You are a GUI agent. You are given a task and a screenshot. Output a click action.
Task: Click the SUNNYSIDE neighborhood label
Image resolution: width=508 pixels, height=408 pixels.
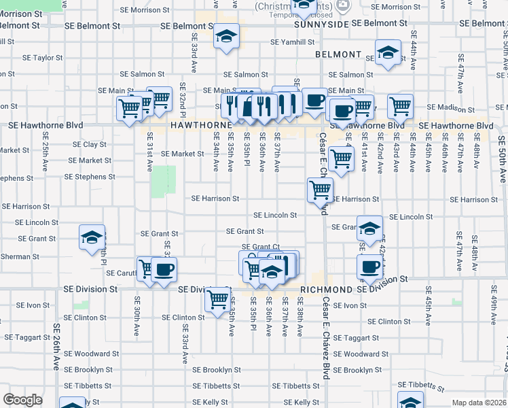[321, 23]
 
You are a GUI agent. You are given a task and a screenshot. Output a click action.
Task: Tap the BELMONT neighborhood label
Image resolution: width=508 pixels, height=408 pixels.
[338, 54]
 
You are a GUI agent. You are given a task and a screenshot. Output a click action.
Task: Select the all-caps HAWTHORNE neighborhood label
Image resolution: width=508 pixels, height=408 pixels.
[197, 126]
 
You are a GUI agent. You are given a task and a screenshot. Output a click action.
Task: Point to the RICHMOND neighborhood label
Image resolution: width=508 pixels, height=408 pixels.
[327, 289]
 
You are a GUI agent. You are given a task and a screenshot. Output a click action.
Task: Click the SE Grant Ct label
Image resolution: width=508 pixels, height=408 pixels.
[261, 247]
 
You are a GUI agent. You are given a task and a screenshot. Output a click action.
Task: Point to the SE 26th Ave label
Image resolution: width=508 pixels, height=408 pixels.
[56, 345]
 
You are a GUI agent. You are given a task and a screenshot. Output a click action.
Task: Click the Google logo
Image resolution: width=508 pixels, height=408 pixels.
[23, 400]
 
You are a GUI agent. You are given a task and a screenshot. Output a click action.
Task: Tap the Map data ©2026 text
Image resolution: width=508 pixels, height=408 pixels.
[479, 403]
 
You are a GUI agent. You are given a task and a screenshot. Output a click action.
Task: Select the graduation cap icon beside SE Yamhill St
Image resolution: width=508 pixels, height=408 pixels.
[225, 39]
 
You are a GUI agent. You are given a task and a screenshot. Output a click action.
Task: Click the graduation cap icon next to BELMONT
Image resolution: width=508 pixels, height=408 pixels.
[387, 54]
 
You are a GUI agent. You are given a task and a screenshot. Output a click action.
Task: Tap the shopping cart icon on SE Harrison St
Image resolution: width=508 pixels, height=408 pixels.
[319, 191]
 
